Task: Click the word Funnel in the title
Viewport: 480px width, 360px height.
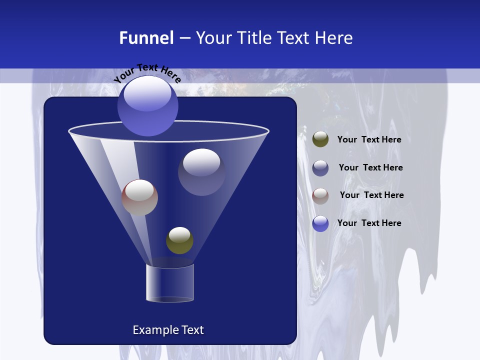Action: pos(146,37)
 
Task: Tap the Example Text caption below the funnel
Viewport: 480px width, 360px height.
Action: pos(168,330)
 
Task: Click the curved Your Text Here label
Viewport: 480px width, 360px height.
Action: pos(147,73)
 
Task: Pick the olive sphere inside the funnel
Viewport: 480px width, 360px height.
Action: pos(179,240)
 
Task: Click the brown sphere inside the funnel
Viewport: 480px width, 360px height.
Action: pos(139,197)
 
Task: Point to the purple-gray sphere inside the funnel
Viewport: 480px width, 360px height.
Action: pos(201,171)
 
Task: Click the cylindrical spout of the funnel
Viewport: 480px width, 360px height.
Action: pos(169,283)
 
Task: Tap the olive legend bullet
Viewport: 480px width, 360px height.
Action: pos(320,139)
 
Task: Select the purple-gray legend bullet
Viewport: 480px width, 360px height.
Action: pos(320,168)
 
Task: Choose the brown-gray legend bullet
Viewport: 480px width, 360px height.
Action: pos(320,195)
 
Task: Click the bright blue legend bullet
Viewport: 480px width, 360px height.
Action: pos(320,223)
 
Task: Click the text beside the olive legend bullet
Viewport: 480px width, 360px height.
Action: pos(369,139)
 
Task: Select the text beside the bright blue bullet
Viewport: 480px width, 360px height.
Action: pos(369,223)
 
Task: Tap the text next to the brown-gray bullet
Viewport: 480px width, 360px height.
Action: pos(371,195)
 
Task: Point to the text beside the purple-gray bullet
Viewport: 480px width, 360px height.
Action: pos(370,167)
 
